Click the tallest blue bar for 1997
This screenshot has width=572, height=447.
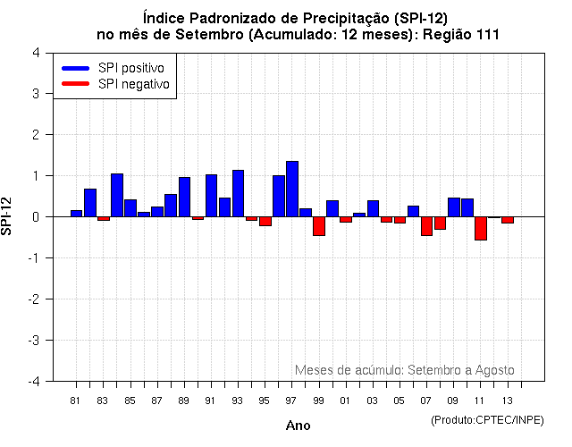[292, 189]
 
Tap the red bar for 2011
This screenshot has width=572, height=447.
[481, 228]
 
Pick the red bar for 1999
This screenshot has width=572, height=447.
[319, 225]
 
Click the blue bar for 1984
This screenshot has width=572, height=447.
[117, 195]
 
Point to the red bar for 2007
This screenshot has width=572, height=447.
[426, 225]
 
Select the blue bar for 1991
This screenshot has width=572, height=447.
[211, 195]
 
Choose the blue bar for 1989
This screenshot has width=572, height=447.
[184, 197]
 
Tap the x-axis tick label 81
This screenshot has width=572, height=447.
[75, 400]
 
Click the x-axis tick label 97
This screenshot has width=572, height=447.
[291, 400]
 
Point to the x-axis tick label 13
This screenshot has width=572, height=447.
[507, 400]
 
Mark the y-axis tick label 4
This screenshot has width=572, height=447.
[35, 53]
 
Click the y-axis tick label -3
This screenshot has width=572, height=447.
[33, 341]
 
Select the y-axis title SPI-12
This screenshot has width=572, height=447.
[9, 216]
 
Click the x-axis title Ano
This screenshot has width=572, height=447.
[298, 426]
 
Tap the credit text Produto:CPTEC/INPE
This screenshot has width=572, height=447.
[487, 419]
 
